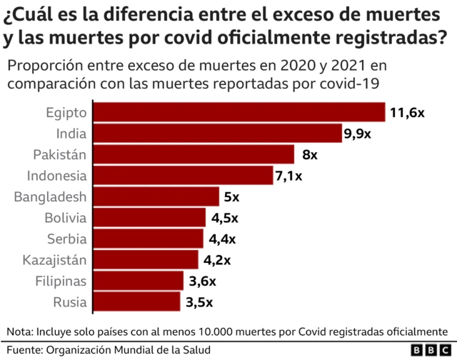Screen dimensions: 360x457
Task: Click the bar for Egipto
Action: pyautogui.click(x=239, y=113)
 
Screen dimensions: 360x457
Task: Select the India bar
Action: pyautogui.click(x=218, y=134)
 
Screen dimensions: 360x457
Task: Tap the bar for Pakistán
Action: pyautogui.click(x=194, y=154)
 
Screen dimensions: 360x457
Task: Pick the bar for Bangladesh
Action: pyautogui.click(x=156, y=196)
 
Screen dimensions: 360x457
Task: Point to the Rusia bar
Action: pyautogui.click(x=137, y=301)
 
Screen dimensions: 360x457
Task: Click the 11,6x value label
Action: pyautogui.click(x=408, y=113)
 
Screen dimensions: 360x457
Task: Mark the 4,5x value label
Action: pyautogui.click(x=224, y=218)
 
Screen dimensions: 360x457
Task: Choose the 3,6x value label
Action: pyautogui.click(x=202, y=281)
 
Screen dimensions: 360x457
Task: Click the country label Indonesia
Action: pyautogui.click(x=57, y=176)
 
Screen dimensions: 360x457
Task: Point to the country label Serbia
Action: pyautogui.click(x=67, y=239)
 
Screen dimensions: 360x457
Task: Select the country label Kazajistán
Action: pyautogui.click(x=55, y=259)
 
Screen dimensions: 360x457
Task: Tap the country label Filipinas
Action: pyautogui.click(x=61, y=281)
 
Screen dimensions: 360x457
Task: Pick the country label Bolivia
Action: pyautogui.click(x=65, y=218)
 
